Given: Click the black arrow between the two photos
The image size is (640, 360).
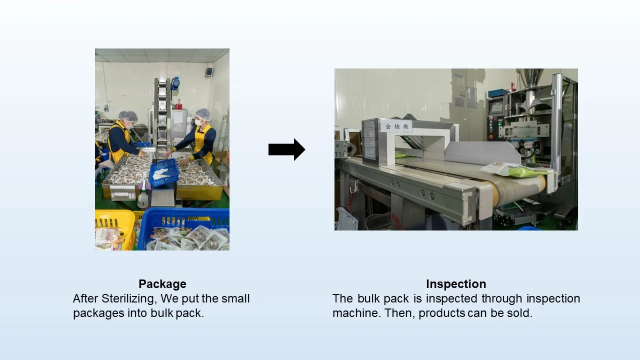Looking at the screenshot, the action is click(x=286, y=149).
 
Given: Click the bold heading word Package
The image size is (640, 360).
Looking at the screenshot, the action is click(x=162, y=284).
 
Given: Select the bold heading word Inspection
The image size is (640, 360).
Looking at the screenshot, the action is click(x=456, y=284).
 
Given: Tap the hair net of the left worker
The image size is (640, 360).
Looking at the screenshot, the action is click(x=128, y=116).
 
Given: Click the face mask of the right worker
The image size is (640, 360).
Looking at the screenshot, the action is click(x=198, y=122).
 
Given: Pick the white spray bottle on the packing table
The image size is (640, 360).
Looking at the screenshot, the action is click(x=143, y=195).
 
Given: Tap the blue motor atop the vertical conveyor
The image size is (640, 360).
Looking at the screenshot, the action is click(x=175, y=83).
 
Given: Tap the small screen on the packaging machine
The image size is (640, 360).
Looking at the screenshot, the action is click(x=496, y=107).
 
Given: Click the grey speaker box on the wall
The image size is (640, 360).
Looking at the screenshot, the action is click(x=208, y=71).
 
